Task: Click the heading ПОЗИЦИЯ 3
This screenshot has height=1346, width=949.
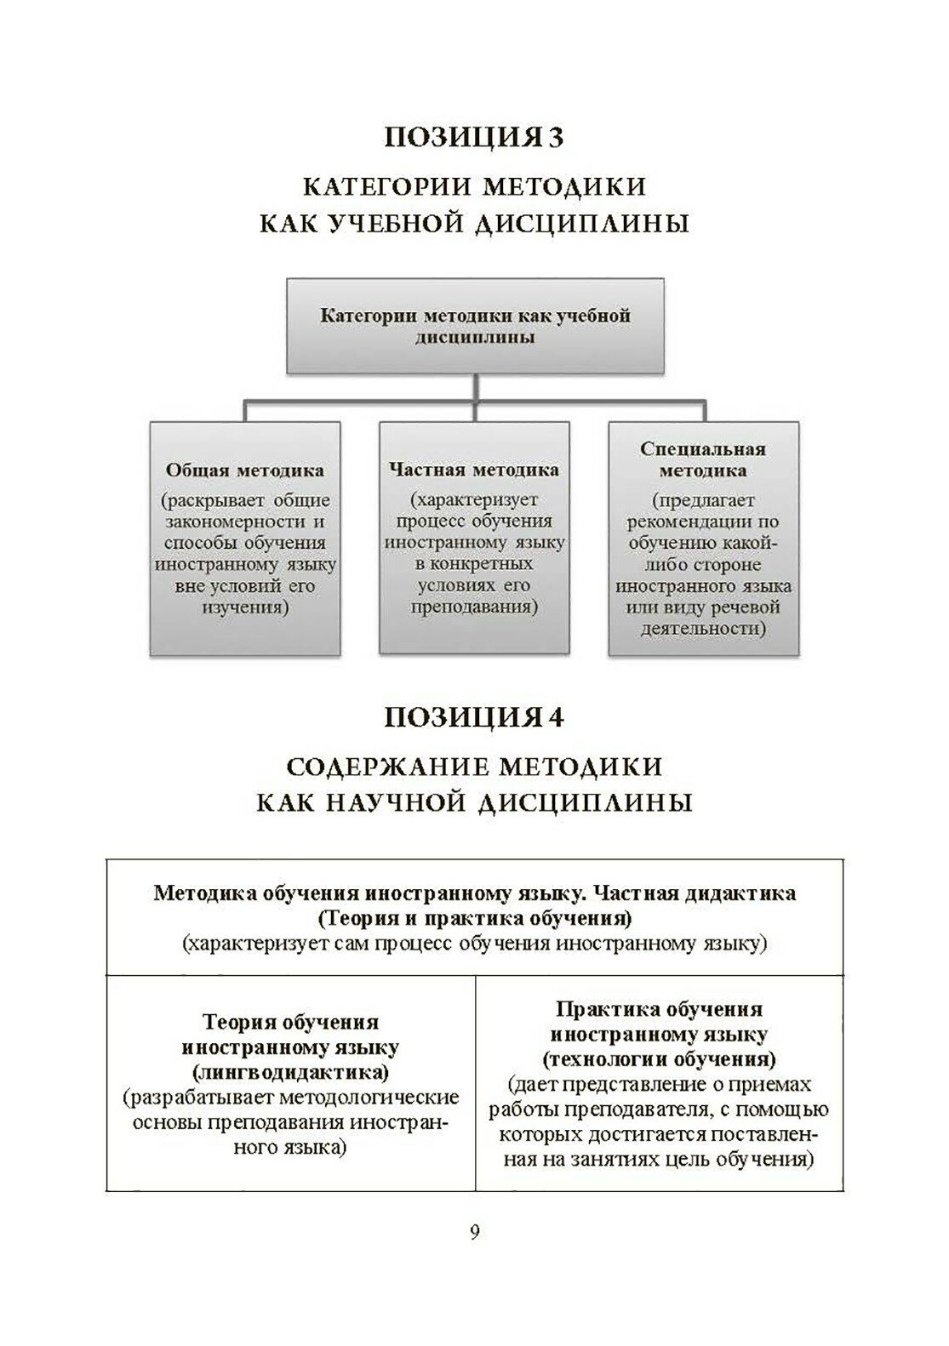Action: (x=474, y=137)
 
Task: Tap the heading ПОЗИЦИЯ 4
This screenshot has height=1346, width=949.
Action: (x=474, y=717)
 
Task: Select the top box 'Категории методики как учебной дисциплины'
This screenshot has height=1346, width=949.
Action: (x=475, y=326)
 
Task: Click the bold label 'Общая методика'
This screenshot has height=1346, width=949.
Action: (x=244, y=470)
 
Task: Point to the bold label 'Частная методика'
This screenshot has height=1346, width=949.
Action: (x=474, y=470)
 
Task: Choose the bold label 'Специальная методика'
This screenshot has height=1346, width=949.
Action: (x=703, y=459)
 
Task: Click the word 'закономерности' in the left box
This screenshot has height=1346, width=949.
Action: (x=244, y=521)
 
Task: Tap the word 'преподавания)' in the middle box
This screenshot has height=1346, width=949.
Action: (x=474, y=608)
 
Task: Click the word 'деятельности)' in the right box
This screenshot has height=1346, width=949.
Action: (x=703, y=630)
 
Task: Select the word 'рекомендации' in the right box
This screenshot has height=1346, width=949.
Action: (x=703, y=522)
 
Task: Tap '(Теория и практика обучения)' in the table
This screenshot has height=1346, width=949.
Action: (x=474, y=919)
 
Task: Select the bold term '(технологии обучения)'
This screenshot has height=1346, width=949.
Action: (x=659, y=1059)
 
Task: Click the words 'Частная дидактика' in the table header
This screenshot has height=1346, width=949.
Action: (x=694, y=894)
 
